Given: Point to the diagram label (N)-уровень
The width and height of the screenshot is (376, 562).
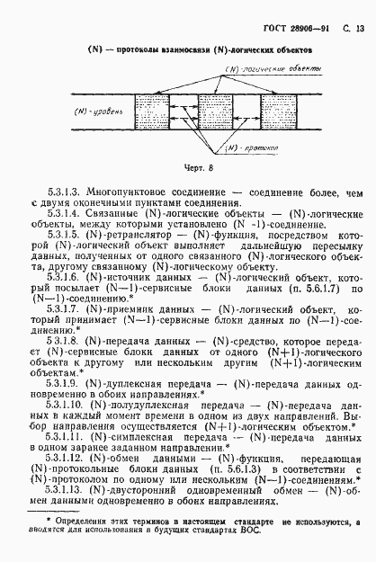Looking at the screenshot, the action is pos(99,114).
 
